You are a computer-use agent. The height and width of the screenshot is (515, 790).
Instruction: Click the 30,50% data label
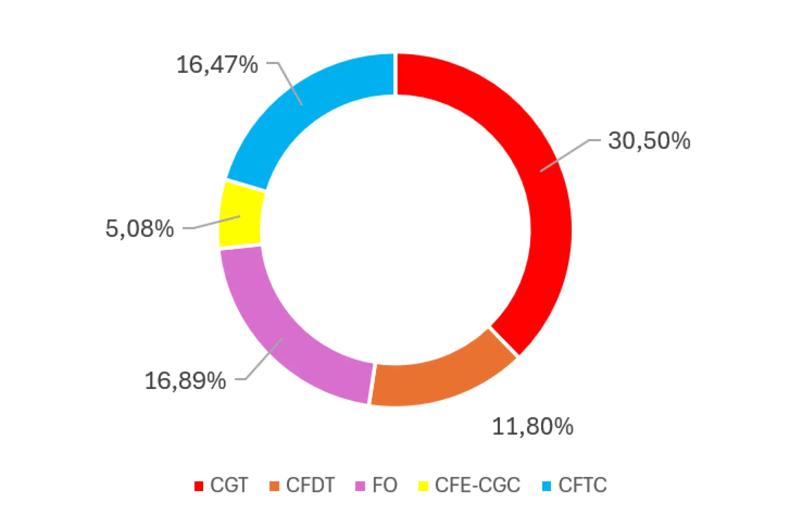[649, 141]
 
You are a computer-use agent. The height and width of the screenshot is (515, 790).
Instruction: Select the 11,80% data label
[532, 426]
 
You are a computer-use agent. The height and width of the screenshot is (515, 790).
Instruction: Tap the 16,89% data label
[185, 381]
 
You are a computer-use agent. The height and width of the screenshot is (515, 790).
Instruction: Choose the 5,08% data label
[140, 229]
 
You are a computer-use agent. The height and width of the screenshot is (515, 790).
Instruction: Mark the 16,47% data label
[217, 65]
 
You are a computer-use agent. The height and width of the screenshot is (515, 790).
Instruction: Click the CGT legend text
[229, 485]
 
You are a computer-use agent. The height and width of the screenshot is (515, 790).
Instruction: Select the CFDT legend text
[310, 485]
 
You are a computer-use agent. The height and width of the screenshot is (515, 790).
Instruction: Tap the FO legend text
[385, 485]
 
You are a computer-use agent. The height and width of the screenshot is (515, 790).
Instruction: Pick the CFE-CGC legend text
[477, 485]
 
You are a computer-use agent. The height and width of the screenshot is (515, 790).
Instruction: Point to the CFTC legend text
[582, 485]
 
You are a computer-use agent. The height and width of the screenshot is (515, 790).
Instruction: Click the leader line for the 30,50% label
[567, 154]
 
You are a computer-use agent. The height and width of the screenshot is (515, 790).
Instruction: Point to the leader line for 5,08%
[214, 222]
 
